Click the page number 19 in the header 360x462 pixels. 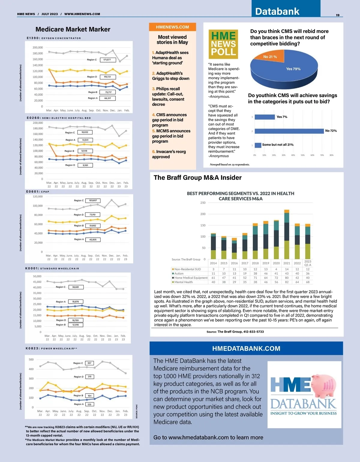pyautogui.click(x=337, y=15)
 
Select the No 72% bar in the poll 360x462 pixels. pyautogui.click(x=289, y=131)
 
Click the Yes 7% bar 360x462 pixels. pyautogui.click(x=265, y=117)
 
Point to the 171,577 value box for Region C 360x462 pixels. pyautogui.click(x=107, y=60)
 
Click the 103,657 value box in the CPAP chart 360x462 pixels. pyautogui.click(x=93, y=201)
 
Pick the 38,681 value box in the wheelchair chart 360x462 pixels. pyautogui.click(x=76, y=287)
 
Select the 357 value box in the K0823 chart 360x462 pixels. pyautogui.click(x=89, y=363)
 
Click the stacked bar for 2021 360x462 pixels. pyautogui.click(x=286, y=234)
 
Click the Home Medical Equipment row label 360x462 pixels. pyautogui.click(x=191, y=278)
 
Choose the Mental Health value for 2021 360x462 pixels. pyautogui.click(x=287, y=282)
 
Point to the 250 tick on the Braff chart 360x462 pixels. pyautogui.click(x=203, y=203)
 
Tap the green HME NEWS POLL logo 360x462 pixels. pyautogui.click(x=223, y=44)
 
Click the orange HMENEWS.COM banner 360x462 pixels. pyautogui.click(x=172, y=27)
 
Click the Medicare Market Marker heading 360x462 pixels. pyautogui.click(x=73, y=29)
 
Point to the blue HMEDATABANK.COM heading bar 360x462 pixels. pyautogui.click(x=246, y=349)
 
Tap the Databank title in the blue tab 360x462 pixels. pyautogui.click(x=277, y=11)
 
